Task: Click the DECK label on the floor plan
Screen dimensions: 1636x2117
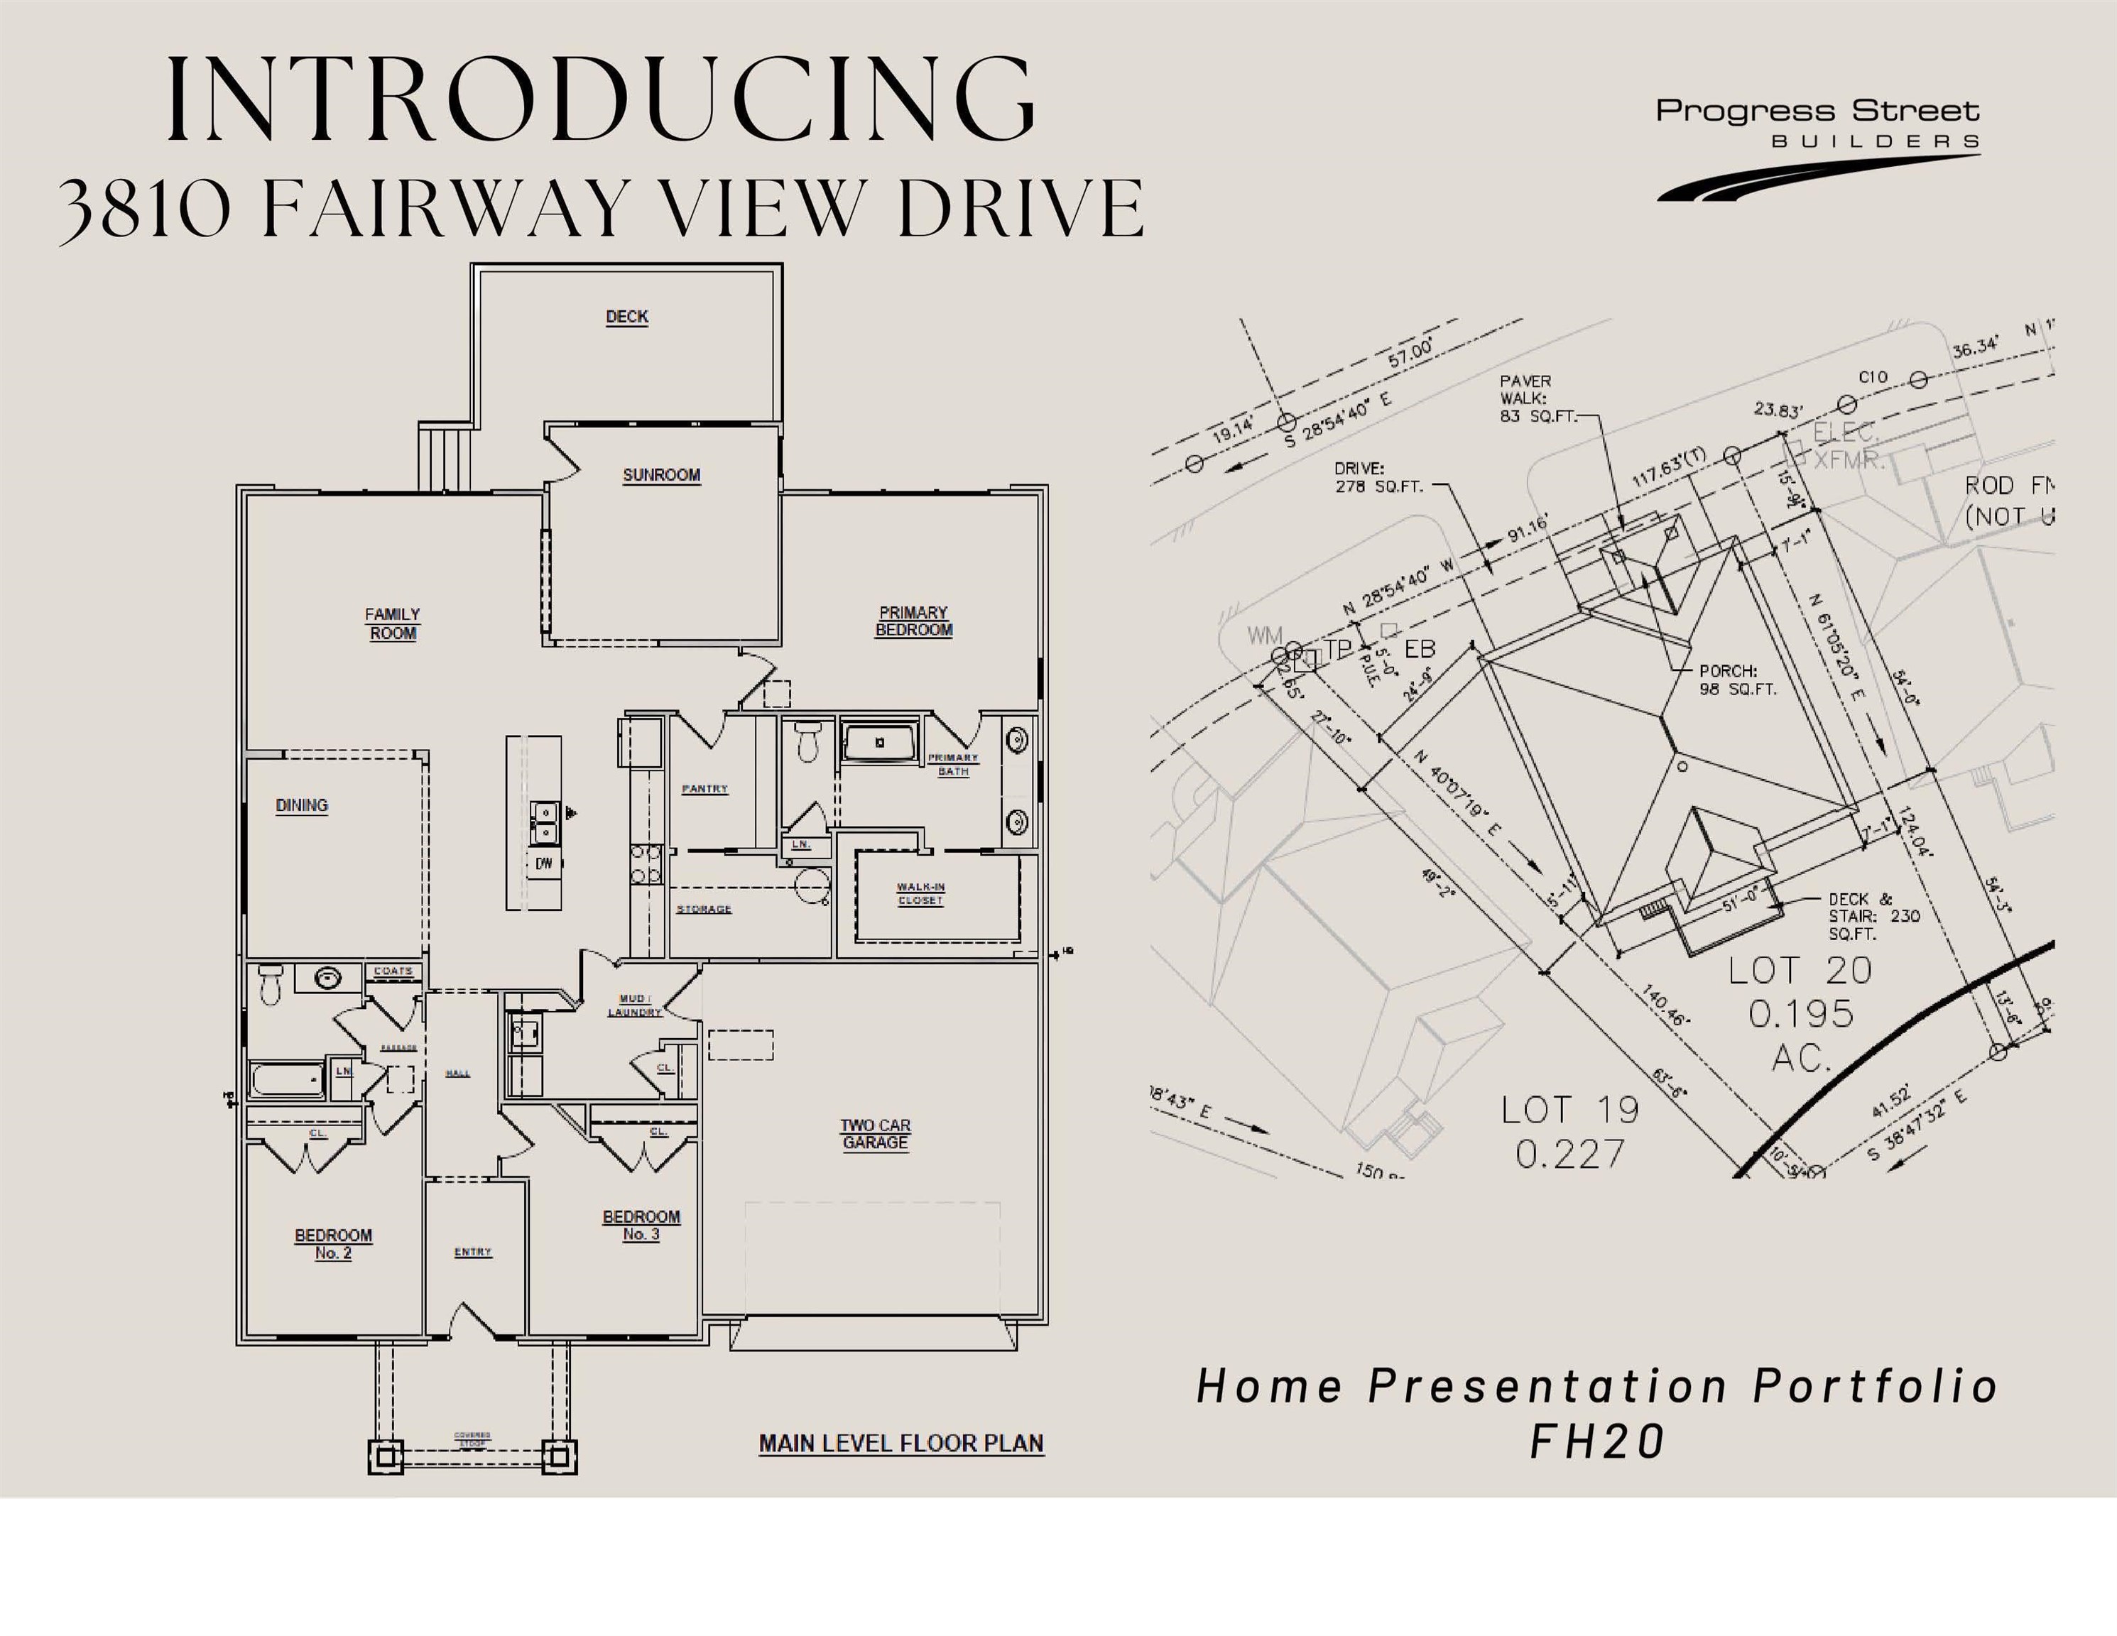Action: [627, 317]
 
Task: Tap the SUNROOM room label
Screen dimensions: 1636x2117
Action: [661, 475]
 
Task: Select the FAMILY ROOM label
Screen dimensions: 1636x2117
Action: [393, 623]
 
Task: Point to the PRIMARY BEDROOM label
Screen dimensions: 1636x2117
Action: [913, 621]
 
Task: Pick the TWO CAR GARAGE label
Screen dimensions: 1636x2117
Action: [876, 1134]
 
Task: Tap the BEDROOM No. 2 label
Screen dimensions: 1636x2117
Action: [334, 1243]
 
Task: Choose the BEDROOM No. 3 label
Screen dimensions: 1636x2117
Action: [641, 1225]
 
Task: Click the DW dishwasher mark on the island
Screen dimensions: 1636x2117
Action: [544, 863]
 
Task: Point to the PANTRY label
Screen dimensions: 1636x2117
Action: [704, 789]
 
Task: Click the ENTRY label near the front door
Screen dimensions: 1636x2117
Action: [473, 1252]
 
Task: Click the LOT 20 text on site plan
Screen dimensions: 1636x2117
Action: [1800, 970]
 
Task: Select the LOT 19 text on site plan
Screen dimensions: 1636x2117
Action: [1569, 1110]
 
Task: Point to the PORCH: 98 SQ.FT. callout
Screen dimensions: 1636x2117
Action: [1737, 680]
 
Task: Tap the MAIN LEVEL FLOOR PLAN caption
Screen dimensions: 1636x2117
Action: [900, 1443]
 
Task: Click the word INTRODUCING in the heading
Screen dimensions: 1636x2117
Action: [601, 100]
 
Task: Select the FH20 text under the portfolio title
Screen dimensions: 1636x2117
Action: [1596, 1441]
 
